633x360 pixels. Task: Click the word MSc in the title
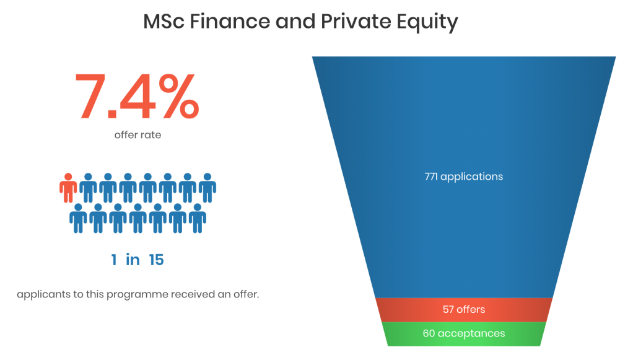[x=164, y=22]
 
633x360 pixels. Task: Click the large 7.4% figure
[x=137, y=96]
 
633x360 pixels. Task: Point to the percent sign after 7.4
[x=179, y=96]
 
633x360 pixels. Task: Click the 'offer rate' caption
[x=138, y=134]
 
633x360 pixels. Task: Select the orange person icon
[x=68, y=188]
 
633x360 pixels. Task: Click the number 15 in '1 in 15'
[x=156, y=260]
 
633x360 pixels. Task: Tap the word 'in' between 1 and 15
[x=133, y=260]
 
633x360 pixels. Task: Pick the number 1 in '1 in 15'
[x=114, y=260]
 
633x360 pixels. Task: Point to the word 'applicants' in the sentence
[x=43, y=294]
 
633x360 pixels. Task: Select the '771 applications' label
[x=463, y=177]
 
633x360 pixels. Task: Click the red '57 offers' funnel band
[x=464, y=309]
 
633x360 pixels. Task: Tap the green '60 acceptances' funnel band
[x=464, y=334]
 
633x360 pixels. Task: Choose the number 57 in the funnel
[x=448, y=309]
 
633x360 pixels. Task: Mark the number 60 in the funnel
[x=429, y=333]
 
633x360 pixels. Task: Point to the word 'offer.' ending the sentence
[x=247, y=294]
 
